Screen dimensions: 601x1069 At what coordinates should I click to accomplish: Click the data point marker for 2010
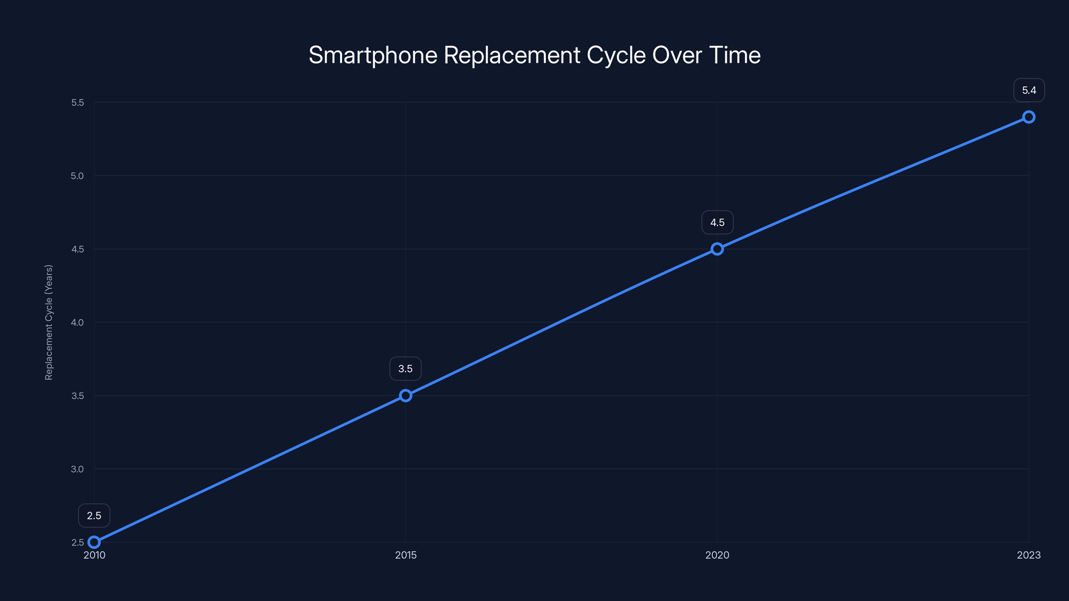pyautogui.click(x=94, y=542)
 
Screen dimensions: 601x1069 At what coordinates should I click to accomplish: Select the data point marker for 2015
pyautogui.click(x=406, y=396)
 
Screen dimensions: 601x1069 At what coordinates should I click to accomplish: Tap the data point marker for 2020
pyautogui.click(x=717, y=249)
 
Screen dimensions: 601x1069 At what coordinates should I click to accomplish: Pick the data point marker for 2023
pyautogui.click(x=1029, y=117)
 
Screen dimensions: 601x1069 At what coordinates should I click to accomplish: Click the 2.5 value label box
pyautogui.click(x=94, y=516)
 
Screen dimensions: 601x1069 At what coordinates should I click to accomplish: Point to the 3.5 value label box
pyautogui.click(x=406, y=369)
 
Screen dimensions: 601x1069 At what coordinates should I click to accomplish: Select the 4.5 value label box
pyautogui.click(x=717, y=222)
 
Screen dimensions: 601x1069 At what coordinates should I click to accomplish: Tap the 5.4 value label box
pyautogui.click(x=1029, y=90)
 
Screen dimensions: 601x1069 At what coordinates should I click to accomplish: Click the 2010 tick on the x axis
pyautogui.click(x=94, y=555)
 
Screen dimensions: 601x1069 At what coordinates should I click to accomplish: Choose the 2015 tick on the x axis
pyautogui.click(x=406, y=555)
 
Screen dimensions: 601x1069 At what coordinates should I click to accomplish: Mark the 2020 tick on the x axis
pyautogui.click(x=717, y=555)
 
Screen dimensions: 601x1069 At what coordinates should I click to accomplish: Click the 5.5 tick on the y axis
pyautogui.click(x=77, y=103)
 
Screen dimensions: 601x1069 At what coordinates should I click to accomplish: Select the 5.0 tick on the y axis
pyautogui.click(x=77, y=176)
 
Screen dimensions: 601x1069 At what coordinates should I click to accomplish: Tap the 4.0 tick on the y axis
pyautogui.click(x=77, y=322)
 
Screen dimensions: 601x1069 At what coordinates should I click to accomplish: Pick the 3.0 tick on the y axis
pyautogui.click(x=77, y=469)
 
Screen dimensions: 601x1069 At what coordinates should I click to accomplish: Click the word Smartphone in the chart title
pyautogui.click(x=373, y=55)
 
